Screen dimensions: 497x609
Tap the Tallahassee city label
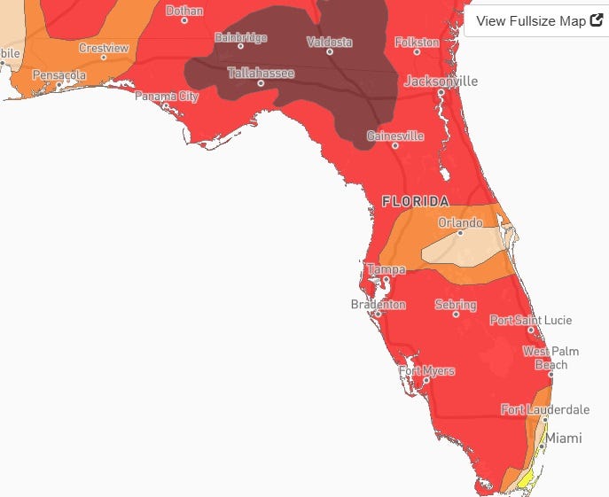pos(261,73)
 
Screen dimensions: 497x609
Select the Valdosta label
pos(329,42)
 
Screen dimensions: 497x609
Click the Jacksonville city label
pos(441,81)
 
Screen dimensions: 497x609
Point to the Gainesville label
pos(395,136)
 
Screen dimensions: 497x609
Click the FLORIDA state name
pos(415,201)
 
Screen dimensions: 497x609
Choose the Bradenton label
pos(378,305)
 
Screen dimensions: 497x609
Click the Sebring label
pos(456,305)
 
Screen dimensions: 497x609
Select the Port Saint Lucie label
pos(530,320)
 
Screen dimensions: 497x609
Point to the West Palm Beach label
pos(550,358)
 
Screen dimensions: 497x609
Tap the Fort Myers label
pos(426,370)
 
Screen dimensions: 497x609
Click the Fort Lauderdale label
pos(544,409)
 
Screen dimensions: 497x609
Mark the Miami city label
pos(564,438)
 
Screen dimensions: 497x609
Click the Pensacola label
pos(59,75)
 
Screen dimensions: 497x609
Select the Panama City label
pos(167,96)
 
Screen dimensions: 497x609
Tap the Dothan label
pos(184,11)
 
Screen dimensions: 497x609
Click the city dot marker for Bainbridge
pos(240,46)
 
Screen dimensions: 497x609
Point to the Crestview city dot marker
pos(104,58)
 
